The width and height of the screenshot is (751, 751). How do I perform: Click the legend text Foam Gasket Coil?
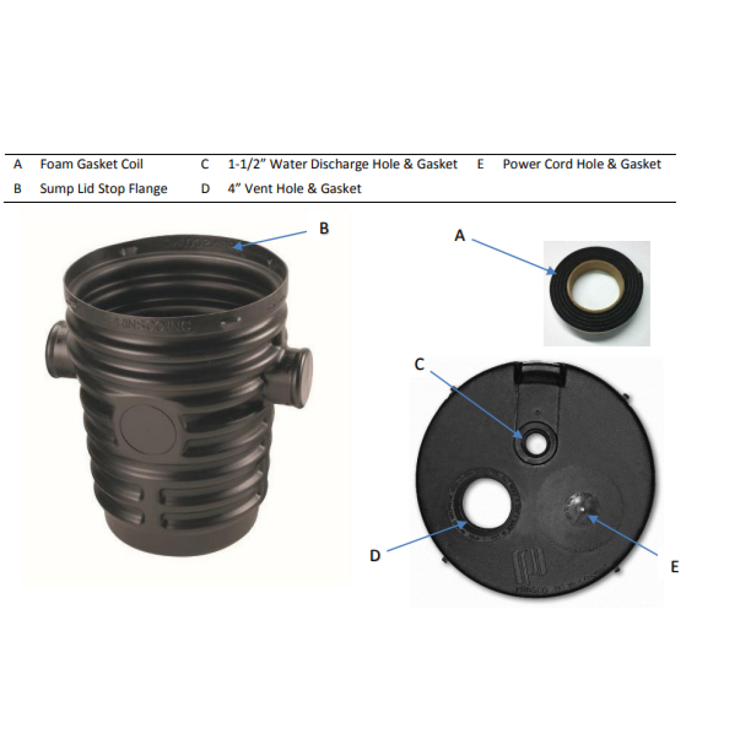(x=91, y=164)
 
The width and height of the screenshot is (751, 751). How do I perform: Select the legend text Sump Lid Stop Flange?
(x=103, y=188)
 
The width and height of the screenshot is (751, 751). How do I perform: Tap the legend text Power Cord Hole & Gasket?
(x=582, y=164)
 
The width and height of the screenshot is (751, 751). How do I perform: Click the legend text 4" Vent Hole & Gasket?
(x=294, y=188)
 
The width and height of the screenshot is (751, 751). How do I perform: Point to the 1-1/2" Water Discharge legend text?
(x=342, y=164)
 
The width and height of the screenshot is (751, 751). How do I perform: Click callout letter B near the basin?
(x=324, y=228)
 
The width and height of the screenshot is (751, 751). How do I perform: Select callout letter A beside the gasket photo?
(x=459, y=236)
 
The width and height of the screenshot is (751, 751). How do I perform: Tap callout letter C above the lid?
(x=419, y=364)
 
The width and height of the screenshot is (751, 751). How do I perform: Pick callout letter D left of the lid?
(x=375, y=555)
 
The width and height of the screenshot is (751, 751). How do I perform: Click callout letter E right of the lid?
(x=674, y=566)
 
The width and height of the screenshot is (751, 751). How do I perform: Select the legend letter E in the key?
(x=480, y=164)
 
